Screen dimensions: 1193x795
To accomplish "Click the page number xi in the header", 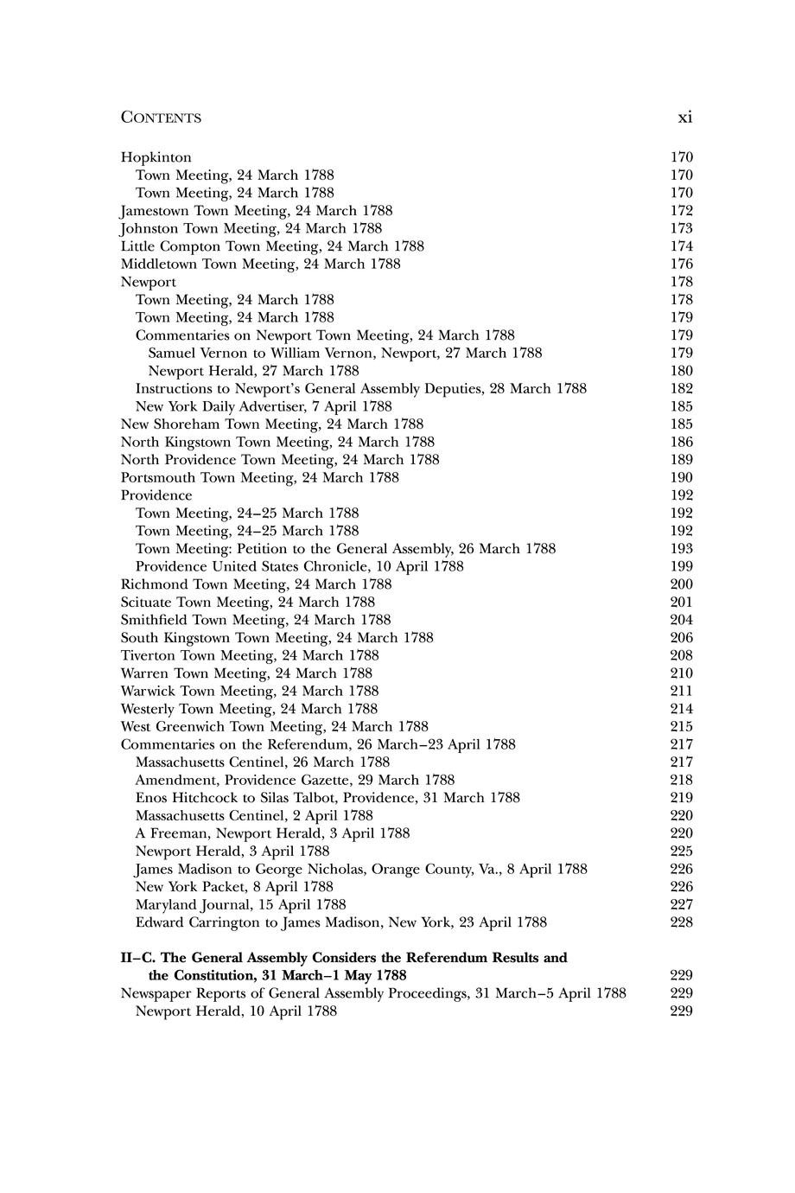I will point(684,117).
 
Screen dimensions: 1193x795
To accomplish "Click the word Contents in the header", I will point(161,118).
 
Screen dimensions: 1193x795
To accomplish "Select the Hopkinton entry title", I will point(156,157).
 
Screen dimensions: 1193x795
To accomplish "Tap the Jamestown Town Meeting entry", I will point(256,211).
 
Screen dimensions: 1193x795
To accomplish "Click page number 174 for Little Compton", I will point(681,246).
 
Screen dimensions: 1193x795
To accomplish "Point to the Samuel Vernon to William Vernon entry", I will point(345,353).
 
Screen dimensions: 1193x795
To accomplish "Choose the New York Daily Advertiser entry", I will point(264,406).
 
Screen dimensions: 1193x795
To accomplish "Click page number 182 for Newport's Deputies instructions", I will point(681,388).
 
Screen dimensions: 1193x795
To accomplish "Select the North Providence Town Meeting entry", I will point(279,460).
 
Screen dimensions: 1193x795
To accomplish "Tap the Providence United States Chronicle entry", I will point(299,566).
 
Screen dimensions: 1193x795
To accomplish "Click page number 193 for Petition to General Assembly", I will point(681,549).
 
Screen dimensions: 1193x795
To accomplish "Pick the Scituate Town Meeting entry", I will point(247,602).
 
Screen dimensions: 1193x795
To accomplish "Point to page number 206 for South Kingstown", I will point(681,638).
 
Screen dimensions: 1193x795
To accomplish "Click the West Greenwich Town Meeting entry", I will point(274,727).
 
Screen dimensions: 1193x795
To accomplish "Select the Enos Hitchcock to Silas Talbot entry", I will point(328,798).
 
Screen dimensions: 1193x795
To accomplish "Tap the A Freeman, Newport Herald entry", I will point(272,833).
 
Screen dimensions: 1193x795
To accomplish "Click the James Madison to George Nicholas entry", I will point(361,869).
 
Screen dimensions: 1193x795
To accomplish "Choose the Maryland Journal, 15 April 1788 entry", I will point(240,904).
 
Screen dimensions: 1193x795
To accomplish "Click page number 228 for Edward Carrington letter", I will point(681,922).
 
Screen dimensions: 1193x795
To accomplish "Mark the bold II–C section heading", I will point(343,958).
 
